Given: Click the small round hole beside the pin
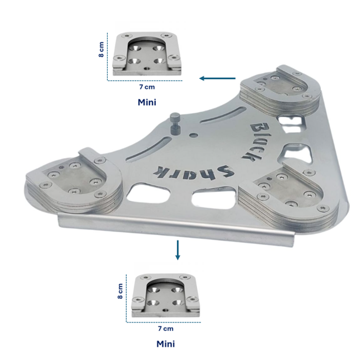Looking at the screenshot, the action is pyautogui.click(x=194, y=135).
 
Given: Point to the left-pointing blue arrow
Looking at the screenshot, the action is pyautogui.click(x=218, y=79).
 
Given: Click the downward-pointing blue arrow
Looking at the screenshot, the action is pyautogui.click(x=177, y=250).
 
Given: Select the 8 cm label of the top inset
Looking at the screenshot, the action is pyautogui.click(x=101, y=49).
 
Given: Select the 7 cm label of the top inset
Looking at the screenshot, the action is pyautogui.click(x=147, y=87).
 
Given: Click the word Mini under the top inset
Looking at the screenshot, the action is pyautogui.click(x=147, y=102).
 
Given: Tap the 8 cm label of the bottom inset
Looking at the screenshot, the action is pyautogui.click(x=120, y=291).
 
